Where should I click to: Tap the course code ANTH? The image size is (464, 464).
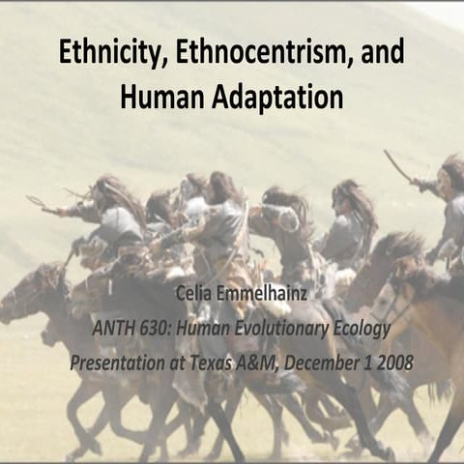click(x=117, y=329)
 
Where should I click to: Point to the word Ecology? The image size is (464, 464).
click(x=363, y=329)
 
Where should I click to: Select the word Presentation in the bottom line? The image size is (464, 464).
click(x=121, y=362)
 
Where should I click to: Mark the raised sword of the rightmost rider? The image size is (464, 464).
click(x=396, y=165)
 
